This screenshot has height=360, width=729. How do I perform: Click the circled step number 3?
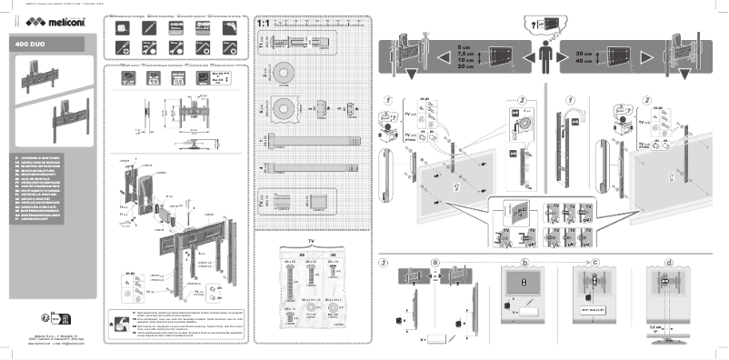pos(385,264)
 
